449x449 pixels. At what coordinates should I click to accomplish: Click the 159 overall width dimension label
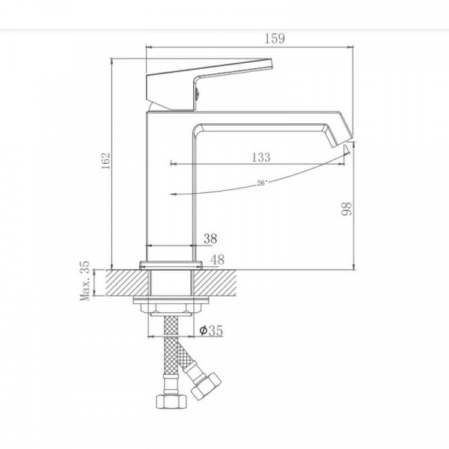coord(275,39)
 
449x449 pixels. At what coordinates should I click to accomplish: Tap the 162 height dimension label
coord(106,161)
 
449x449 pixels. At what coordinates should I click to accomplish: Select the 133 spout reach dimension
coord(261,157)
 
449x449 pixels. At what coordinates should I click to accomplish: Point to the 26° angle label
coord(262,183)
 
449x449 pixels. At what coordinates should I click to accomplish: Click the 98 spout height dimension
coord(346,209)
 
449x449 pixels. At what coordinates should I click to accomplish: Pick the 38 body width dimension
coord(210,239)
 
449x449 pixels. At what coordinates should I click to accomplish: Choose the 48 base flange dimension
coord(217,260)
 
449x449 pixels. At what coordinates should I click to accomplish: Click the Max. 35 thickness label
coord(85,281)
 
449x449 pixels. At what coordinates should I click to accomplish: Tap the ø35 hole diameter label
coord(211,331)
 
